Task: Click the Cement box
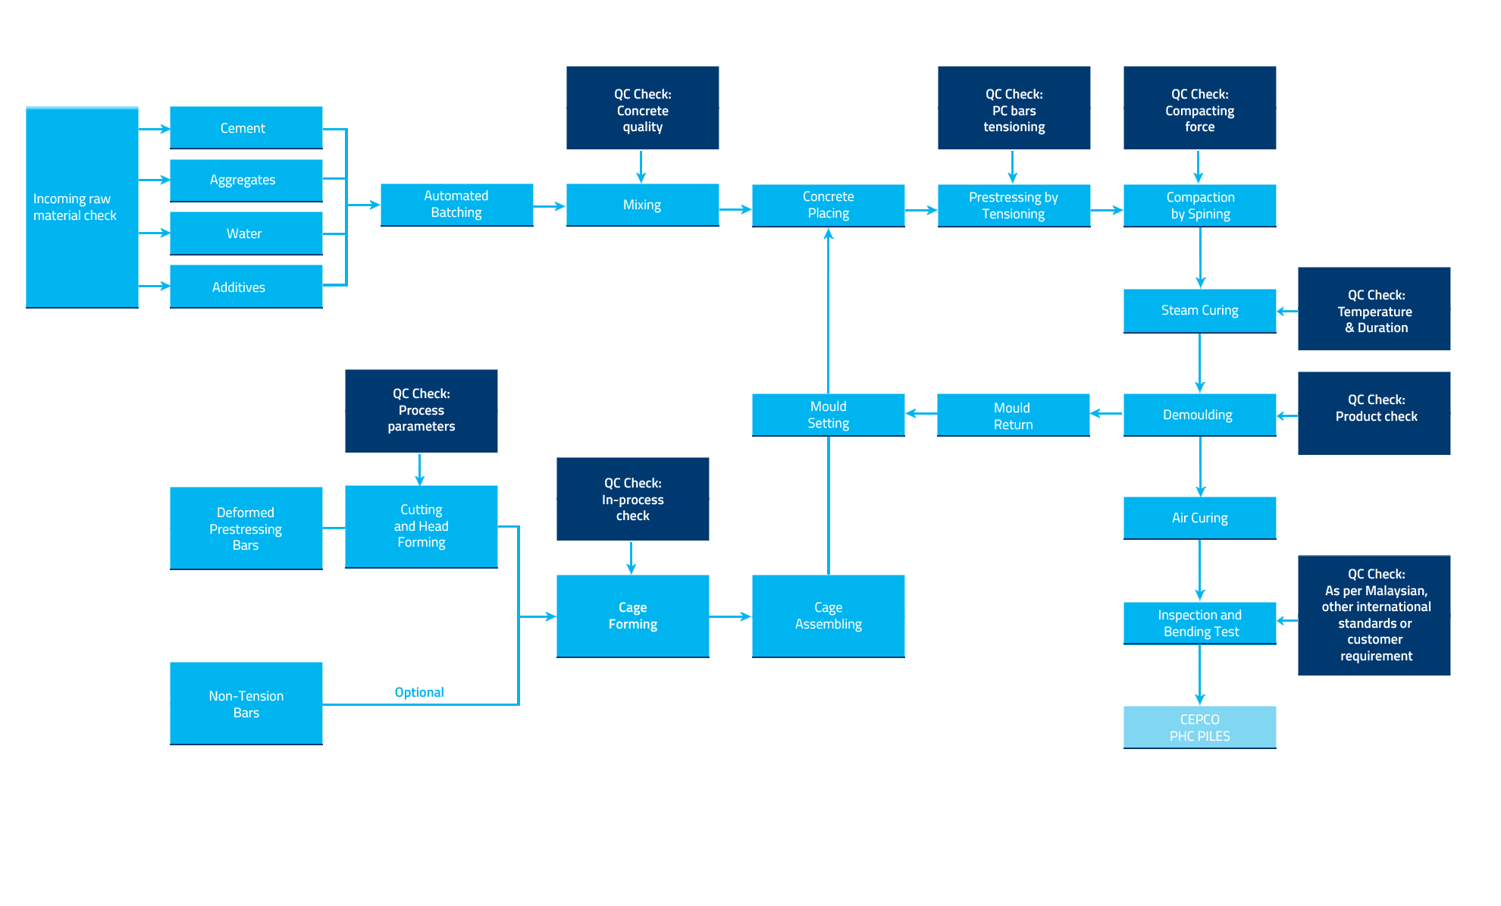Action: (246, 127)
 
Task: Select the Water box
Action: (246, 234)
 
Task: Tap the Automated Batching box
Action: (456, 205)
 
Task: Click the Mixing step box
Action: (642, 205)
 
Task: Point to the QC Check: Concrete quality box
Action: (642, 108)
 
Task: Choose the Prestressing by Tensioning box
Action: (1014, 205)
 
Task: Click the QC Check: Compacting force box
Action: (1199, 108)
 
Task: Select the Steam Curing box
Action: (1199, 311)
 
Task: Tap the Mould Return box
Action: (1013, 415)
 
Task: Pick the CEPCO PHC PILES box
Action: (1199, 727)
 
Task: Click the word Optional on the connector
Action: (419, 692)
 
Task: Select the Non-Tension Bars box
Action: (246, 704)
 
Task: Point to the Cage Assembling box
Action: (828, 616)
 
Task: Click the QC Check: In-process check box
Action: (632, 499)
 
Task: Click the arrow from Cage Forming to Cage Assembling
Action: (730, 617)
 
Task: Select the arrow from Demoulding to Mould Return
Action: (1106, 413)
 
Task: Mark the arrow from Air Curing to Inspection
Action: (1199, 570)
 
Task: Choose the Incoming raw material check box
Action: (82, 207)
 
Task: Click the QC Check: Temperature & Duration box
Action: (1374, 309)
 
